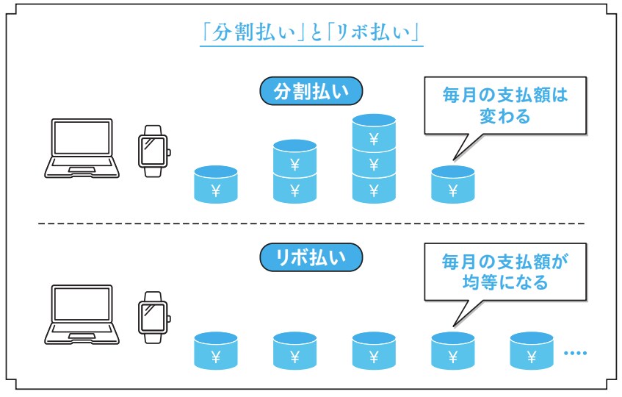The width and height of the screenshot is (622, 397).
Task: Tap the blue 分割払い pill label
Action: click(311, 93)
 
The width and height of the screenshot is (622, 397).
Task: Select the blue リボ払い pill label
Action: click(311, 258)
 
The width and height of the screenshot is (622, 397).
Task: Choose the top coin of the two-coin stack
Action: click(294, 160)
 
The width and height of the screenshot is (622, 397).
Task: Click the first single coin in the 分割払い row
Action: click(216, 186)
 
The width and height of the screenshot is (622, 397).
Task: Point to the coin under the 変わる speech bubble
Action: click(452, 186)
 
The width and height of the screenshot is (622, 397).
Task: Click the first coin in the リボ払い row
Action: click(216, 351)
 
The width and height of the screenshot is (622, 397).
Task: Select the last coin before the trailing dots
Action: click(532, 351)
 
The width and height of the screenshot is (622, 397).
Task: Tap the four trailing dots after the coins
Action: click(575, 354)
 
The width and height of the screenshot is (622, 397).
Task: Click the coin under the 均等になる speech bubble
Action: click(452, 351)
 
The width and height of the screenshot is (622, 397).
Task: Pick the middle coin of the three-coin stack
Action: click(374, 161)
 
